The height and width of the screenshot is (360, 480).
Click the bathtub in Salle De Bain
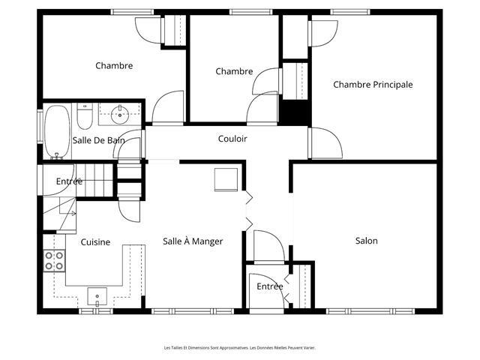57,132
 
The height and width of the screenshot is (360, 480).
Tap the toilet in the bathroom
85,116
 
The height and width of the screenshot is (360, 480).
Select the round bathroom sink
120,115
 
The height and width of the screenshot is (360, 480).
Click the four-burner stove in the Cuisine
54,261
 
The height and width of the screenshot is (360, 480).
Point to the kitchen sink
97,296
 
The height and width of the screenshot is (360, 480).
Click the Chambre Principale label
373,85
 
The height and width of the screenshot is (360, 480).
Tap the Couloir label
232,139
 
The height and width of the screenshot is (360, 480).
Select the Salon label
367,241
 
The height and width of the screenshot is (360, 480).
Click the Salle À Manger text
193,241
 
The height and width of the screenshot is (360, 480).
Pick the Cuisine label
95,242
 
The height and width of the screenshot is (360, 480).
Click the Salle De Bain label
98,140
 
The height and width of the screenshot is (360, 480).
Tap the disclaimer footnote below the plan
240,348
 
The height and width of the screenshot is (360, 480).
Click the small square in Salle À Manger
226,180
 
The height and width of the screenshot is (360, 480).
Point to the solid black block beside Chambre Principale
295,112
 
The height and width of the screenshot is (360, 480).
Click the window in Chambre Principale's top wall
350,12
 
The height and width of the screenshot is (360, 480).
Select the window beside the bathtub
40,126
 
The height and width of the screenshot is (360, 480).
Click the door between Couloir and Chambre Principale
325,143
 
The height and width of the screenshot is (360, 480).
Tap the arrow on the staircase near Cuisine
73,213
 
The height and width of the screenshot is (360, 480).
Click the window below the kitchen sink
96,311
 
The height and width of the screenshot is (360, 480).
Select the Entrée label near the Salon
270,286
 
